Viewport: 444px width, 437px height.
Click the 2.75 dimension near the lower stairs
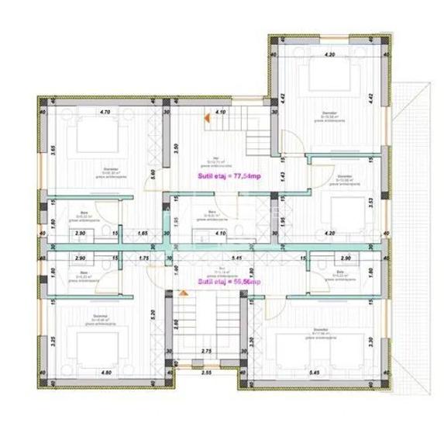[207, 352]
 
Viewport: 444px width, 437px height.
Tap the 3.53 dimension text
[371, 203]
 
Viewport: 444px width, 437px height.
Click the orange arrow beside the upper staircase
[206, 118]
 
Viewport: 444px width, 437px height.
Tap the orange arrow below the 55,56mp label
[183, 293]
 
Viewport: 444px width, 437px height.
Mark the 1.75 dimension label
[142, 257]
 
